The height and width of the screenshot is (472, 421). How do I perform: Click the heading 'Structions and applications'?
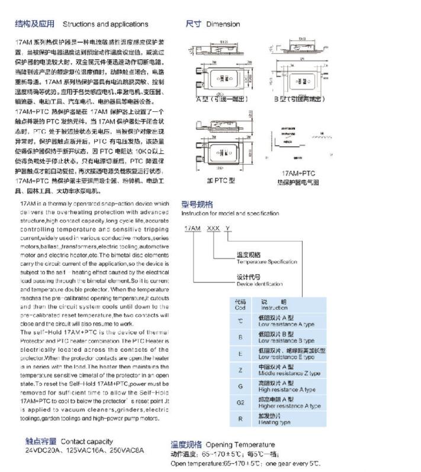(105, 24)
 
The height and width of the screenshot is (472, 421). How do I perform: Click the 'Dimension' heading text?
(223, 24)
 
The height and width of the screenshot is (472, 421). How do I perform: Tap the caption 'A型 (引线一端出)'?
(222, 99)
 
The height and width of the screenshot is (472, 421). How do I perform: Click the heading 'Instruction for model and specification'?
(230, 213)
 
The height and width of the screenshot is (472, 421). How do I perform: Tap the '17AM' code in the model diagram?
(192, 228)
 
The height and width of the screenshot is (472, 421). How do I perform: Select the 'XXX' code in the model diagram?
(213, 228)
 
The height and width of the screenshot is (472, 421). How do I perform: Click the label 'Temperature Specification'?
(267, 262)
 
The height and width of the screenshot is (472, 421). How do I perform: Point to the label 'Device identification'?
(259, 284)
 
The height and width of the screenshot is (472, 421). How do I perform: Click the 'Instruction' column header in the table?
(274, 308)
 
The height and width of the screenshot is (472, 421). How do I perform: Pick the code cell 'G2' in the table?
(241, 403)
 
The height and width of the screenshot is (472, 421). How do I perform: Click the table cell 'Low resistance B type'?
(286, 341)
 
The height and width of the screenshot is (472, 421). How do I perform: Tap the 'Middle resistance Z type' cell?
(289, 374)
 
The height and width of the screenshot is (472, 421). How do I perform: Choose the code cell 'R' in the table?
(240, 419)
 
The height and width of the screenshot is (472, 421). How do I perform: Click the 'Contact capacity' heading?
(86, 441)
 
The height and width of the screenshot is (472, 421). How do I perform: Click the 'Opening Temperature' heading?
(240, 445)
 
